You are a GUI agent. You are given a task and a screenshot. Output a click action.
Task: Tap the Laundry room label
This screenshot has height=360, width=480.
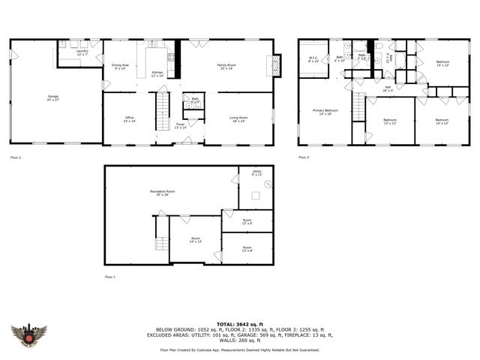[82, 53]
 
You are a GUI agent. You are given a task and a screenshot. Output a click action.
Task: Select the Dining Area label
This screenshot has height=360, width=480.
[121, 67]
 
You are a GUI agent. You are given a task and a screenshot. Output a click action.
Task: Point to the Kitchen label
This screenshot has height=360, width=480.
[157, 73]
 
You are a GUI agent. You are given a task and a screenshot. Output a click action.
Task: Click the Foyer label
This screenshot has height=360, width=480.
[180, 126]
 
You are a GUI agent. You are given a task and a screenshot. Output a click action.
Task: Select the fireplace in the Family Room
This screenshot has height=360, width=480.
[277, 65]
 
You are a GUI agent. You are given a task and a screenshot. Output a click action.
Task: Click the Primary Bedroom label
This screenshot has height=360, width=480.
[325, 112]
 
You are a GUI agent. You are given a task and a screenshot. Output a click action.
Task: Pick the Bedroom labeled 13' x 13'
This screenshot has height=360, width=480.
[390, 121]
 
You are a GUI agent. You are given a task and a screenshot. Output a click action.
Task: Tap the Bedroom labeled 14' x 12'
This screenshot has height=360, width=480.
[442, 64]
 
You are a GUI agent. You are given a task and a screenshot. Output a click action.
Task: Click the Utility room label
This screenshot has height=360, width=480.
[256, 173]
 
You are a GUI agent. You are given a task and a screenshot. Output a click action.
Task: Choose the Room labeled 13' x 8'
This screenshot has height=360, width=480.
[247, 249]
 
